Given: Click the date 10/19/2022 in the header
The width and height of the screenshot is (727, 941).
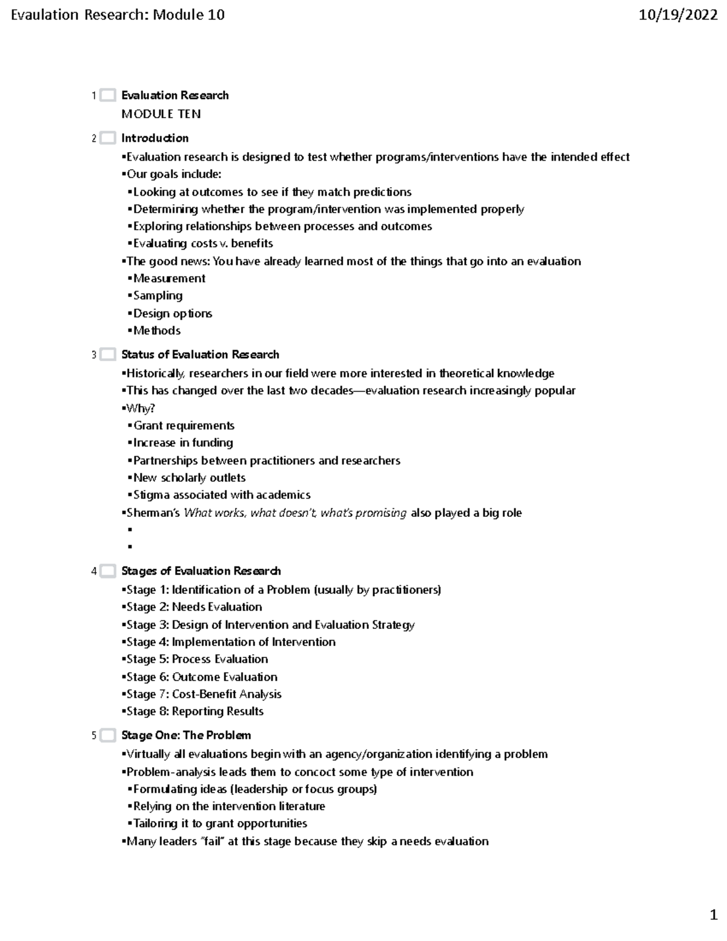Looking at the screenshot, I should click(x=678, y=15).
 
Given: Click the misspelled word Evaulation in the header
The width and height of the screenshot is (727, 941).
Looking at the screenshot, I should click(x=45, y=15).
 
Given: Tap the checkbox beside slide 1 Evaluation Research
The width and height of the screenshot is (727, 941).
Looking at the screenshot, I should click(x=108, y=95).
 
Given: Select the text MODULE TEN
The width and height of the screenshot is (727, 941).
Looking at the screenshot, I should click(x=161, y=114).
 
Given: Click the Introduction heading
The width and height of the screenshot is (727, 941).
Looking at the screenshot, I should click(x=154, y=138).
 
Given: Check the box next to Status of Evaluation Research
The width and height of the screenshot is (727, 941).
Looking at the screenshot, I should click(x=108, y=354).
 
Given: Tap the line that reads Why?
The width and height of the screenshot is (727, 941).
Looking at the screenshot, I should click(x=140, y=408).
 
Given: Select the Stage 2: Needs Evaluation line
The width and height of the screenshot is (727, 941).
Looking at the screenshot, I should click(x=193, y=607).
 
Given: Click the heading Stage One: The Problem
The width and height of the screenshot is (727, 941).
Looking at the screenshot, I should click(x=186, y=736).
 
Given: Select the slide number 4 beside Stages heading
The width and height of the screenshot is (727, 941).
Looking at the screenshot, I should click(x=94, y=571).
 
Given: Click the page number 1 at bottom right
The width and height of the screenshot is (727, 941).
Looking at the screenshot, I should click(x=713, y=914).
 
